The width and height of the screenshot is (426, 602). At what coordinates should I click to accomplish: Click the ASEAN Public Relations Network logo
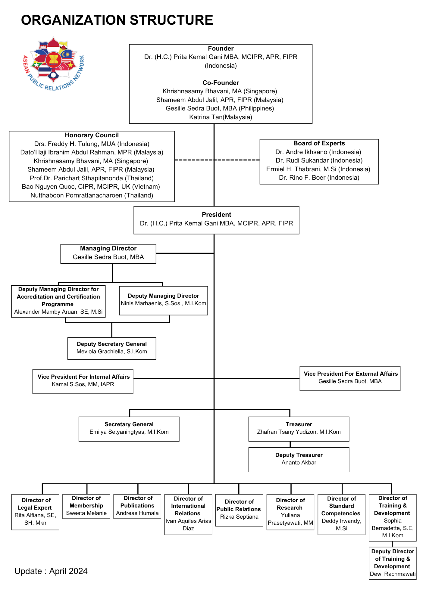coord(54,64)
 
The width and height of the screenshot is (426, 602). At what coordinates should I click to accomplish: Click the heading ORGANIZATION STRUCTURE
coord(117,20)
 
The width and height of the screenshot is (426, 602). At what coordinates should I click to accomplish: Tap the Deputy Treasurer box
coord(299,460)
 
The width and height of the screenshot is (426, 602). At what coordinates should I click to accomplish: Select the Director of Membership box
coord(86,506)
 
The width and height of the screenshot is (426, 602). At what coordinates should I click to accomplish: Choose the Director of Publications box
coord(137,506)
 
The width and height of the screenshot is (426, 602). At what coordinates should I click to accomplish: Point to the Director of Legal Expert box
coord(35,512)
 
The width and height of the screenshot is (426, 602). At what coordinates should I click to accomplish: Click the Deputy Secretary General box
coord(112,348)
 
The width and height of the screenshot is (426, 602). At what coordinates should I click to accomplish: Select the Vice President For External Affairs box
coord(350,378)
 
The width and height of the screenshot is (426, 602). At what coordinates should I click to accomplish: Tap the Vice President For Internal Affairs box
coord(83,381)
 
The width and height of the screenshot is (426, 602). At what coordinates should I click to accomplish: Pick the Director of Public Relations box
coord(239,510)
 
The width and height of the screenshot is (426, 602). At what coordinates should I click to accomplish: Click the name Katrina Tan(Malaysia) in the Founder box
coord(221,117)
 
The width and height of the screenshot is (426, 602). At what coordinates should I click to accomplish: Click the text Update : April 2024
coord(51,571)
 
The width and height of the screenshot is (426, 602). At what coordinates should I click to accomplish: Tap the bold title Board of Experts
coord(319,143)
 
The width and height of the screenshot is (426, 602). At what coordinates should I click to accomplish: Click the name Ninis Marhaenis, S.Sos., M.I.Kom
coord(164,303)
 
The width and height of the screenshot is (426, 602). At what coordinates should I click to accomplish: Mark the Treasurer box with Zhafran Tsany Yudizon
coord(299,429)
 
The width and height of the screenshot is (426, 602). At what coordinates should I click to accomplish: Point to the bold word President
coord(217,215)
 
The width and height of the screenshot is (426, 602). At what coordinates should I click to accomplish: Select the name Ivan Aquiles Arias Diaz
coord(188,525)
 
